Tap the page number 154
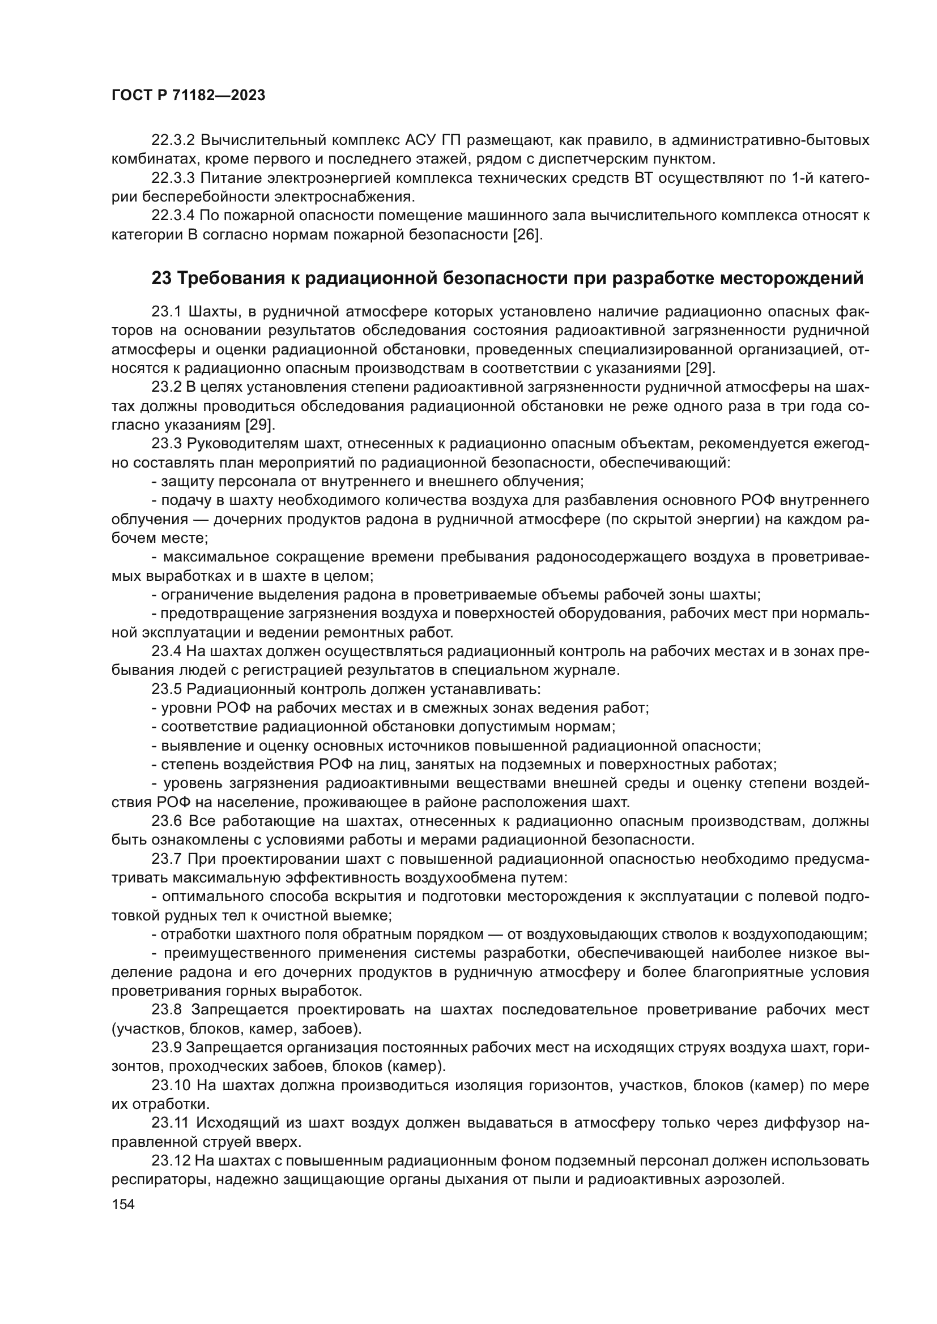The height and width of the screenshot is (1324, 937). [x=122, y=1204]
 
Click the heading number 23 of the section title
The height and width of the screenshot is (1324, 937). [x=161, y=278]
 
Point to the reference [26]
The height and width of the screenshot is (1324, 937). [x=527, y=235]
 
